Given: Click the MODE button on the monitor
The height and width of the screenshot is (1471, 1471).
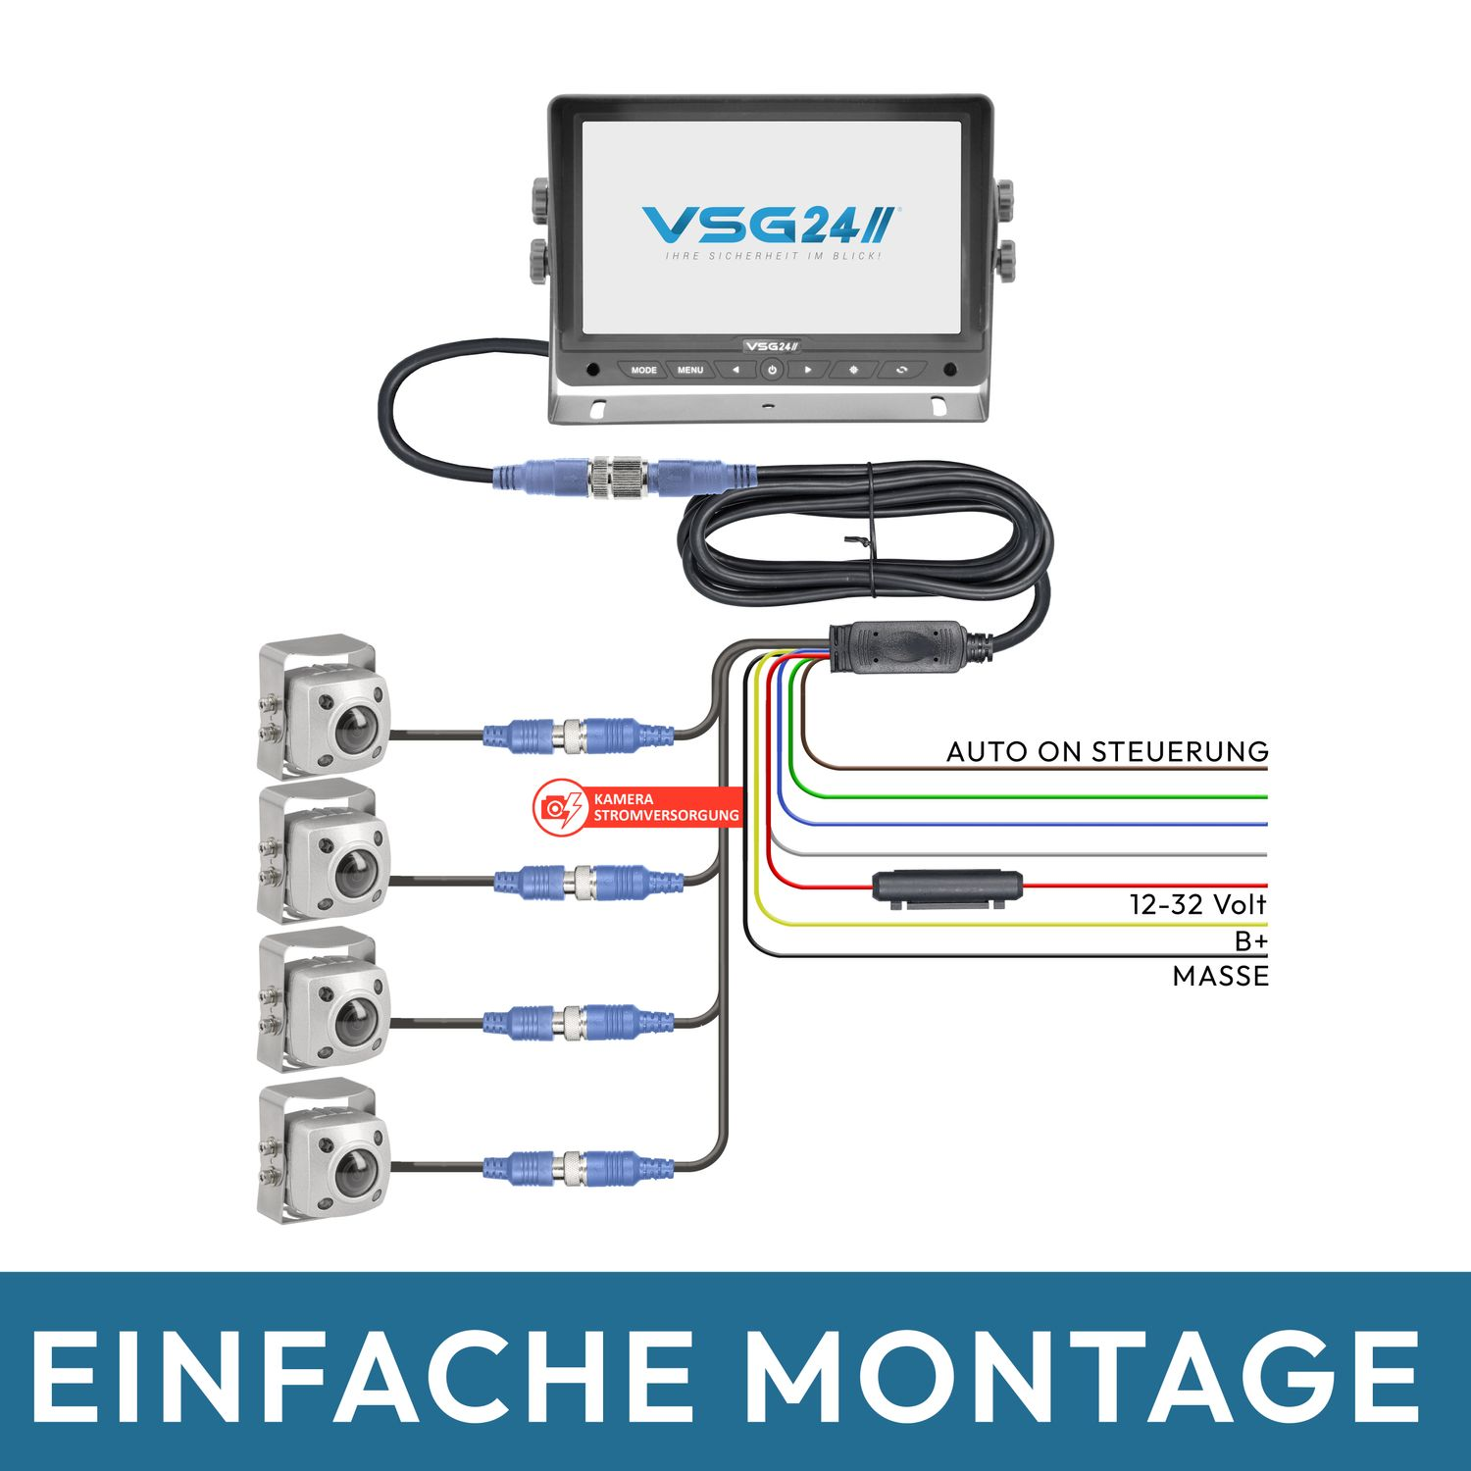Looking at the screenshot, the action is click(x=643, y=370).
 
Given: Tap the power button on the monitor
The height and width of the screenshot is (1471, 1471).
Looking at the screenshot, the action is click(x=772, y=370).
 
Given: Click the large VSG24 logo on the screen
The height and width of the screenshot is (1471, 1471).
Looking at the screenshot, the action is click(x=768, y=225).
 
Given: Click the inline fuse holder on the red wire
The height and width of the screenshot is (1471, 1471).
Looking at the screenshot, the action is click(x=947, y=888).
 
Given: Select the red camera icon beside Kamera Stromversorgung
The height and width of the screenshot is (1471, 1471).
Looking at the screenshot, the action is click(x=558, y=807).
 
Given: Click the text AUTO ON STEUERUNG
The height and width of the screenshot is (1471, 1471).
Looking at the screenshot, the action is click(x=1107, y=751).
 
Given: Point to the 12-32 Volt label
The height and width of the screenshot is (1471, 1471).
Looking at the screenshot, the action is click(x=1197, y=903).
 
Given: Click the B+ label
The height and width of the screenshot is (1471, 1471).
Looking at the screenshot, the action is click(x=1250, y=940).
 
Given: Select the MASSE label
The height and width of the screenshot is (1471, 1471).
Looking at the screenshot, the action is click(x=1220, y=976).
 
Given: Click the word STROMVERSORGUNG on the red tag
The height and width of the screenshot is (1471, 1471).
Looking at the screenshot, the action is click(x=666, y=815).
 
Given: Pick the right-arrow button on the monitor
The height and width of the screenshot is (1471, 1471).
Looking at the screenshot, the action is click(x=808, y=370).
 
